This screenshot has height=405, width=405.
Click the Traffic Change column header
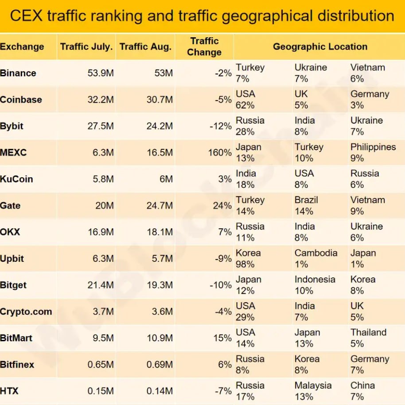204,47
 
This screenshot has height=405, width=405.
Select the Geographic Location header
320,47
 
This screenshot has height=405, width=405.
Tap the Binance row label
18,73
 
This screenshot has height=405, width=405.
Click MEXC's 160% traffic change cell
220,152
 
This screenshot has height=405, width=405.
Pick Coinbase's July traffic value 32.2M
101,99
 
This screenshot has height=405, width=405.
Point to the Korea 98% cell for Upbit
248,258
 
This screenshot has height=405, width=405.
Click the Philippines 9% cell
373,152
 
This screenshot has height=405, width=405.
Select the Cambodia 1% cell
316,258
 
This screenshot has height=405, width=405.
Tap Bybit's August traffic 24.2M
160,126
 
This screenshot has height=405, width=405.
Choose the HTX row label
9,391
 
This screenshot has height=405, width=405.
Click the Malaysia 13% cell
313,391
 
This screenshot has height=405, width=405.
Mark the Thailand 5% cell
368,338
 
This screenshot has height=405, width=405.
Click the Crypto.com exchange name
26,312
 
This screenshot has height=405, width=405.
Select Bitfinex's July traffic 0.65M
101,364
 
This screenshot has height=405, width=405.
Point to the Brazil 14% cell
306,206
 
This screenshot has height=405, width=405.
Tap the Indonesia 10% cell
315,285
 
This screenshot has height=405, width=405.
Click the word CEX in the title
26,16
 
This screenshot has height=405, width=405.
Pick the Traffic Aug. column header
145,47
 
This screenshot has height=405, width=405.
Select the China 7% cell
362,391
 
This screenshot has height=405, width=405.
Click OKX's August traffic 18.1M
160,232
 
